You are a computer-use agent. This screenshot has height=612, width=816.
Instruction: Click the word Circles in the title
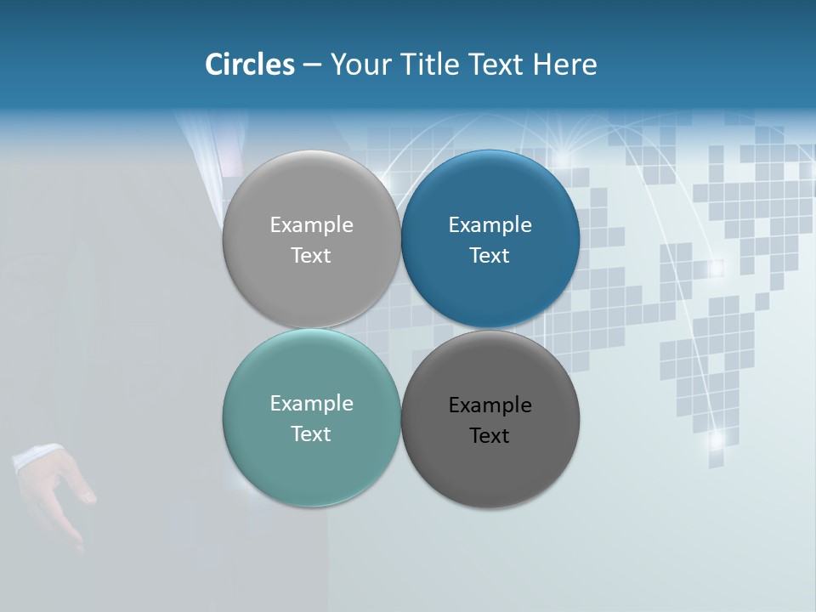(x=250, y=64)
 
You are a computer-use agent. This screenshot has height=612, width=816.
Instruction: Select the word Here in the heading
(x=565, y=64)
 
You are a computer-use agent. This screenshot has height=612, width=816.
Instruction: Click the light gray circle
(x=311, y=239)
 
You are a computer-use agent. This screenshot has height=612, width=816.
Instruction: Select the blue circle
(x=490, y=239)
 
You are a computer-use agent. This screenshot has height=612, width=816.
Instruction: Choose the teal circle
(x=311, y=418)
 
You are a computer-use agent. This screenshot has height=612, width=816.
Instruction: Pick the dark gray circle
(x=490, y=419)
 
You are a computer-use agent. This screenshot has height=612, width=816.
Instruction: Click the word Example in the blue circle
(x=490, y=224)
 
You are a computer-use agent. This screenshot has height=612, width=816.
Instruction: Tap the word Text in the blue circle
(x=490, y=255)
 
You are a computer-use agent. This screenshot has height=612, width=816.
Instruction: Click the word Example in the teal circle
(x=311, y=403)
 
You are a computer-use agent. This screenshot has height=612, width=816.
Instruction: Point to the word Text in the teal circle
(x=311, y=433)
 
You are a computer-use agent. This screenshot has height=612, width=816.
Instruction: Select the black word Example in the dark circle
(x=490, y=405)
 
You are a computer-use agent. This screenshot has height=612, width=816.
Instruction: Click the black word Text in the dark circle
(x=490, y=435)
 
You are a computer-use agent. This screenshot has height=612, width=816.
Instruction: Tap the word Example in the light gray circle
(x=311, y=224)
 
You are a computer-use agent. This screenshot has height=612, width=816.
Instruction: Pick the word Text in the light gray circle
(x=311, y=255)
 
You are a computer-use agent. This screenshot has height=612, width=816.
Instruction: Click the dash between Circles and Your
(x=312, y=65)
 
